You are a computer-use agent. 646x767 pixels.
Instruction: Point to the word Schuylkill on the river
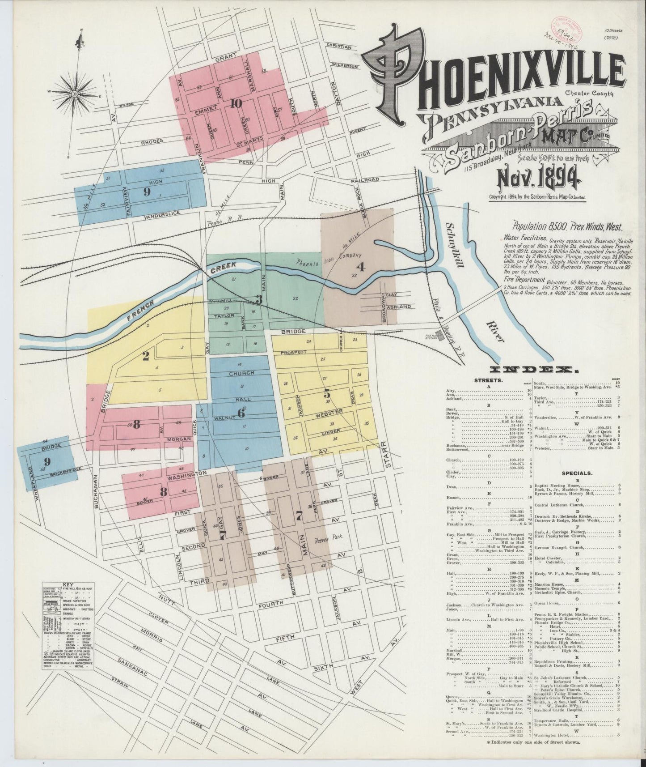tap(461, 245)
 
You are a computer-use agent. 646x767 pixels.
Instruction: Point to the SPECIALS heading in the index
tap(580, 472)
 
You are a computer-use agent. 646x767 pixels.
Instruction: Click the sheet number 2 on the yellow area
tap(145, 356)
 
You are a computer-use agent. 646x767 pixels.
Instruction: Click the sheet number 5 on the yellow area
tap(327, 394)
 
